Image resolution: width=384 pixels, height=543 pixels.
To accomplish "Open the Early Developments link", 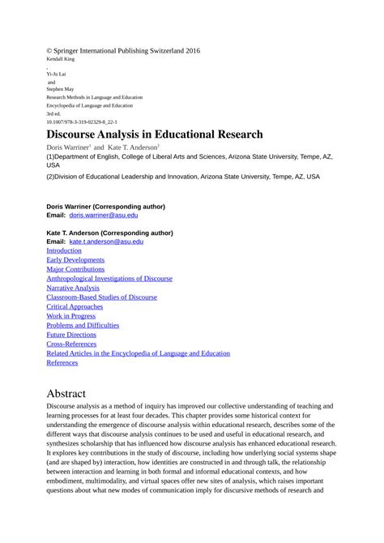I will (x=75, y=260).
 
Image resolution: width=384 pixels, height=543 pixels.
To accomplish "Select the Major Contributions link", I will (x=78, y=269).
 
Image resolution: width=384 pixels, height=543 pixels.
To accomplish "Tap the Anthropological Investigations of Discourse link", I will (x=109, y=279).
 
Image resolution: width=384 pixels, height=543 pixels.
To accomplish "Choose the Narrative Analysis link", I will (x=73, y=288).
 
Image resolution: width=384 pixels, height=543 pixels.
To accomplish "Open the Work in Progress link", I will (x=71, y=316).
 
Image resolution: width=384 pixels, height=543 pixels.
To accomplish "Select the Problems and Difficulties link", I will (x=83, y=325).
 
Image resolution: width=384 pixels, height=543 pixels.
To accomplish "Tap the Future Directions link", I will (x=71, y=335).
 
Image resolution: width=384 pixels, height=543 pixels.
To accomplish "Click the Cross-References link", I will (x=71, y=344).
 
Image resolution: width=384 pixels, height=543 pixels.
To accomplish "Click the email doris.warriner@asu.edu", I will (x=104, y=216).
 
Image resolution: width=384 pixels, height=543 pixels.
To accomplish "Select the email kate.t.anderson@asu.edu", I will (x=106, y=242).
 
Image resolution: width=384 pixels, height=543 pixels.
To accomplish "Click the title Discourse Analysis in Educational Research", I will (x=155, y=134).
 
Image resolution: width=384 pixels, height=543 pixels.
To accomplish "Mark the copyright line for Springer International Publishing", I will (x=123, y=51).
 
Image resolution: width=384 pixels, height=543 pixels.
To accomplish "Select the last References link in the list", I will (x=62, y=362).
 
